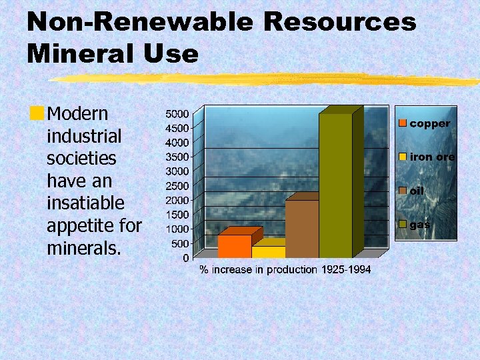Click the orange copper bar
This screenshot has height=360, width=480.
(235, 246)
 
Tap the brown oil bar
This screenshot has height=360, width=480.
(302, 229)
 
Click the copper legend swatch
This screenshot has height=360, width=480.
(403, 123)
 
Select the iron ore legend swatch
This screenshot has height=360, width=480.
(403, 157)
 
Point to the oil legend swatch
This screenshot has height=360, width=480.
(403, 191)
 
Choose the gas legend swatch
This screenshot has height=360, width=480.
(403, 225)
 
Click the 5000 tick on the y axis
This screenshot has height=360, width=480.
(177, 113)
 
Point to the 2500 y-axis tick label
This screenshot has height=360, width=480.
(177, 185)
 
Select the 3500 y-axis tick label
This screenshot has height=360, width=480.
(177, 157)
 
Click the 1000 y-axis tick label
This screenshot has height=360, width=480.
(177, 229)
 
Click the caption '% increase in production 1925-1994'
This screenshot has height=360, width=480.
(285, 269)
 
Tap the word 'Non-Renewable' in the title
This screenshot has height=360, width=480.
(141, 22)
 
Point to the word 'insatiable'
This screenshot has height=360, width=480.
(85, 203)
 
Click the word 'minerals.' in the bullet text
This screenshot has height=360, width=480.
(84, 249)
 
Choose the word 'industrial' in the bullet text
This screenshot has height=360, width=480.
(84, 136)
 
